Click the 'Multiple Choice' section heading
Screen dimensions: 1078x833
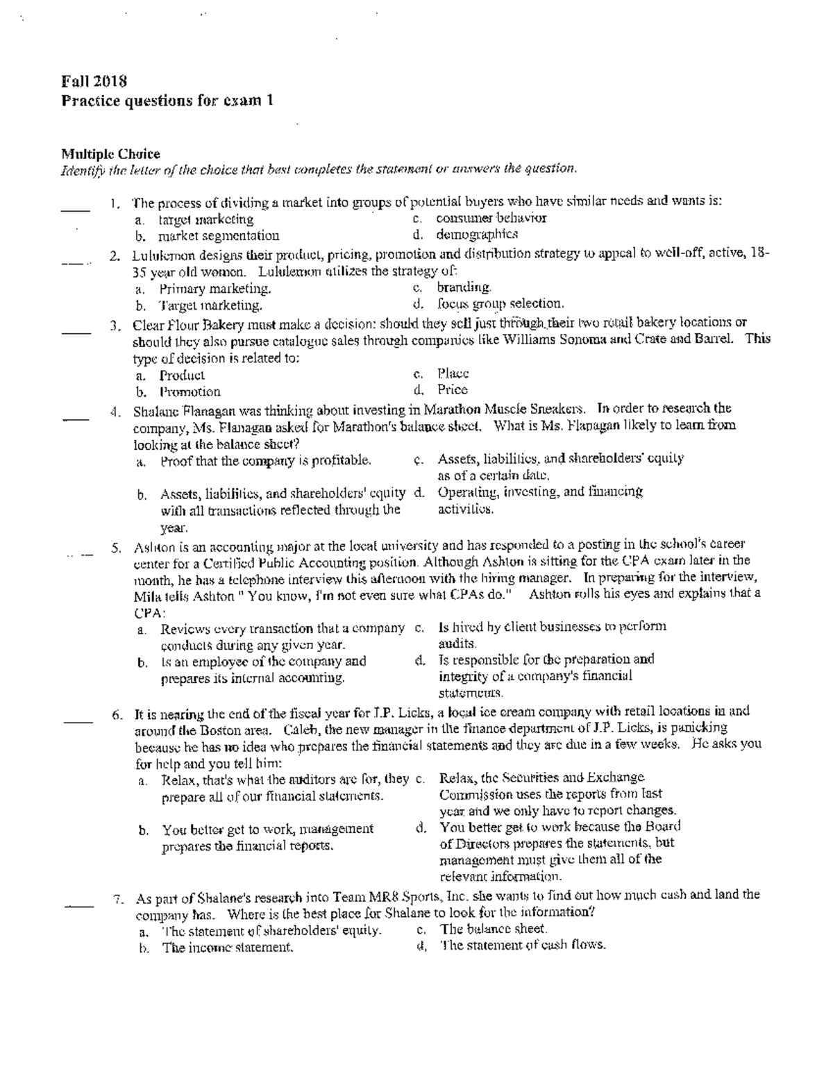click(110, 153)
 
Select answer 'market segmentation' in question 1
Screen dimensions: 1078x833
click(219, 236)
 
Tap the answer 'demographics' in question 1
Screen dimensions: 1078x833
click(477, 235)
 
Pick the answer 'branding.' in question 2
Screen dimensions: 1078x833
click(464, 287)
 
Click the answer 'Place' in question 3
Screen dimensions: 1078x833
click(453, 373)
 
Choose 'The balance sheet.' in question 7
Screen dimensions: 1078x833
click(494, 929)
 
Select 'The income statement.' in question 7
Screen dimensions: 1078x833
click(228, 948)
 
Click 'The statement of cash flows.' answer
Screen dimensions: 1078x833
click(523, 945)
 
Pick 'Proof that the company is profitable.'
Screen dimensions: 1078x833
click(266, 460)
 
